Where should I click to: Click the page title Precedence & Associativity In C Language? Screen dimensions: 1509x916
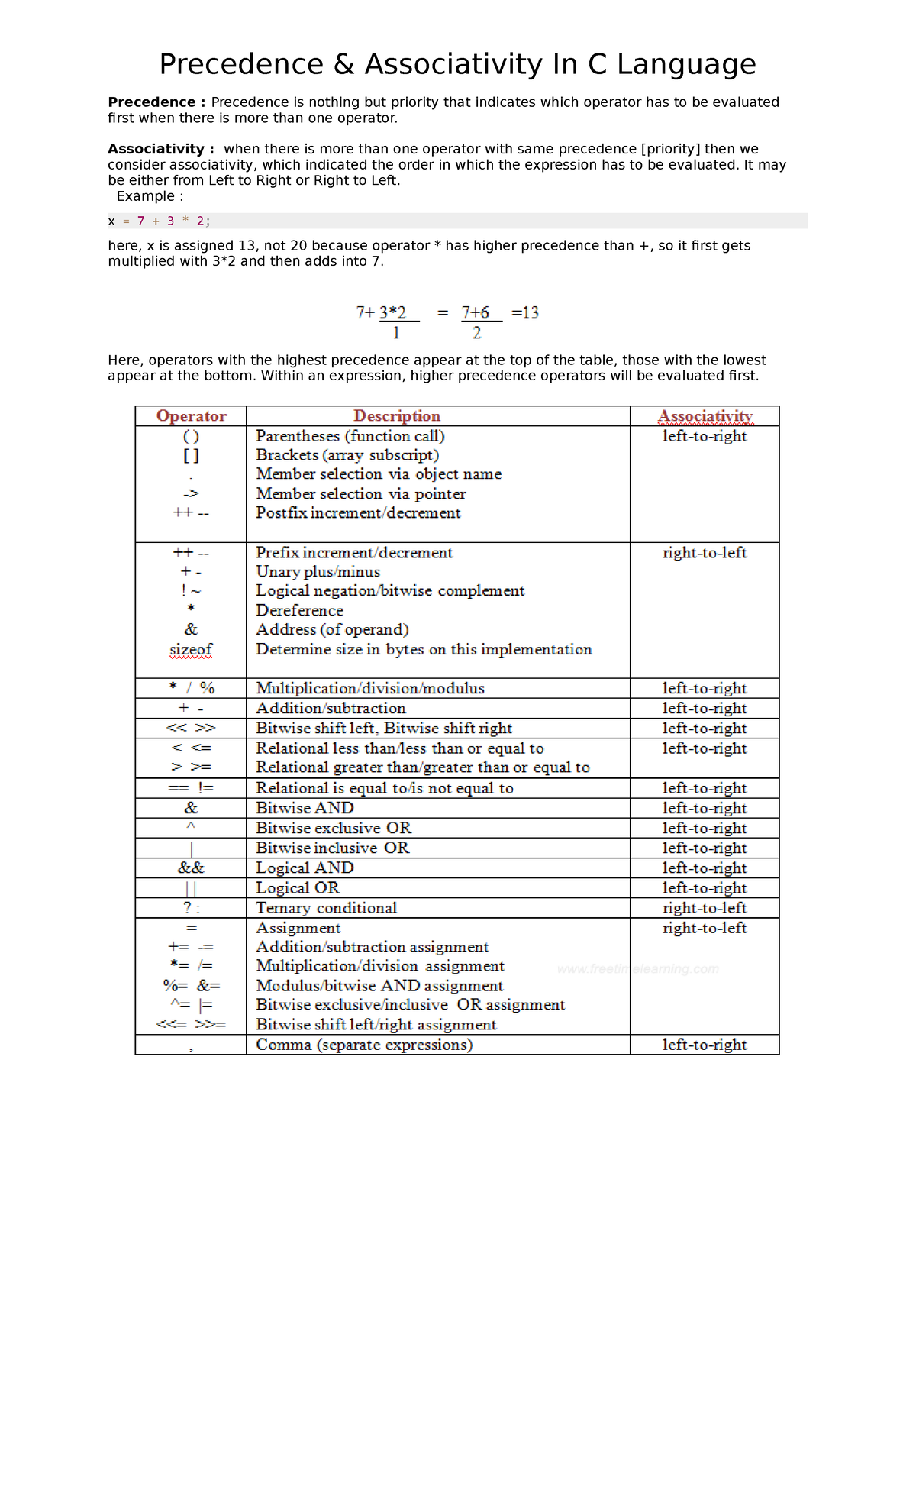(x=457, y=64)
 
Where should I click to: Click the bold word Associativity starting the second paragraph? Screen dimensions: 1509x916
(x=156, y=149)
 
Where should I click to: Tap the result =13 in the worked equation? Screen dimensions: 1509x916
(x=525, y=313)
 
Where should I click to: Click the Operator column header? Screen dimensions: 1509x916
(x=191, y=416)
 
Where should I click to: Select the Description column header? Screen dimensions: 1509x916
(x=397, y=416)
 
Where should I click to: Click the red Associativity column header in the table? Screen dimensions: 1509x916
(x=705, y=416)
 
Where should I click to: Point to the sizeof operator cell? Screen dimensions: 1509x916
(x=191, y=650)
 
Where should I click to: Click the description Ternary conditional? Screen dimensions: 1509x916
(x=326, y=908)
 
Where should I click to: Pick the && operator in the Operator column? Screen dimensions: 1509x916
(x=191, y=868)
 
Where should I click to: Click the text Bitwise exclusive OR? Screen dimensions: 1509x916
(x=334, y=829)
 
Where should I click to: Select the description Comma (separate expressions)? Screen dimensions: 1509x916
(x=364, y=1045)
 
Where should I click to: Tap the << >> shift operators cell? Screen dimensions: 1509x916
(x=191, y=729)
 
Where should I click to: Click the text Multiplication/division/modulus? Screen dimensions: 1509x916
(x=370, y=689)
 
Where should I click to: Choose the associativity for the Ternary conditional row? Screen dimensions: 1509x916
(x=705, y=908)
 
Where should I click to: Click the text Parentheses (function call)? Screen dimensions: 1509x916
(x=350, y=436)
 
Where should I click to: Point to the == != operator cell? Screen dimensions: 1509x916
(x=191, y=789)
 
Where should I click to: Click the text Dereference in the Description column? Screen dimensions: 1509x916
(x=299, y=611)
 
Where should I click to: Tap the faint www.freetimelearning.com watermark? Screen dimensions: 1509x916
(x=638, y=969)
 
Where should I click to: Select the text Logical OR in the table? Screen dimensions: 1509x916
(x=298, y=888)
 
